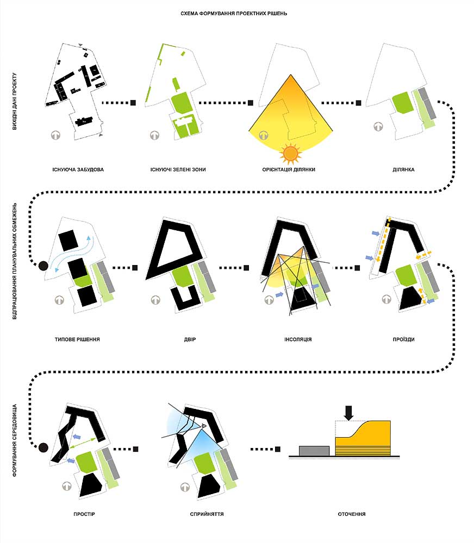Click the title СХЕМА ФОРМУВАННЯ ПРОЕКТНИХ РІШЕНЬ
(234, 14)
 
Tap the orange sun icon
(290, 154)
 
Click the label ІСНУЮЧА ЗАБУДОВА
(78, 169)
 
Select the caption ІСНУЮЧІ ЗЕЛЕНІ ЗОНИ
(178, 169)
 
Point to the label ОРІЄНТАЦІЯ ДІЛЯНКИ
(289, 169)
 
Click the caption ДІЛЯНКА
(403, 169)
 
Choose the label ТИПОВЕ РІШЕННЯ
(77, 339)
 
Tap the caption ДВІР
(190, 339)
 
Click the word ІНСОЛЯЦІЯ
(298, 339)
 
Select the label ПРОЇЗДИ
(404, 339)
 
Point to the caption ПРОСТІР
(84, 514)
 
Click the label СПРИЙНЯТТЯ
(207, 514)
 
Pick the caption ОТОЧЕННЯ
(352, 514)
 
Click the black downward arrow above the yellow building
(348, 413)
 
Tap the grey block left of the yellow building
(314, 451)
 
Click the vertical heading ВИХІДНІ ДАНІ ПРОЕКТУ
(15, 101)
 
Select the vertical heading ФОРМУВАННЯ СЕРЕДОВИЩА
(15, 440)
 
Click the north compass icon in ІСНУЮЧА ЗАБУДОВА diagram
(56, 135)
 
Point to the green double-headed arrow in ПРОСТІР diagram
(83, 444)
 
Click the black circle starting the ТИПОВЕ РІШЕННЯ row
(43, 266)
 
